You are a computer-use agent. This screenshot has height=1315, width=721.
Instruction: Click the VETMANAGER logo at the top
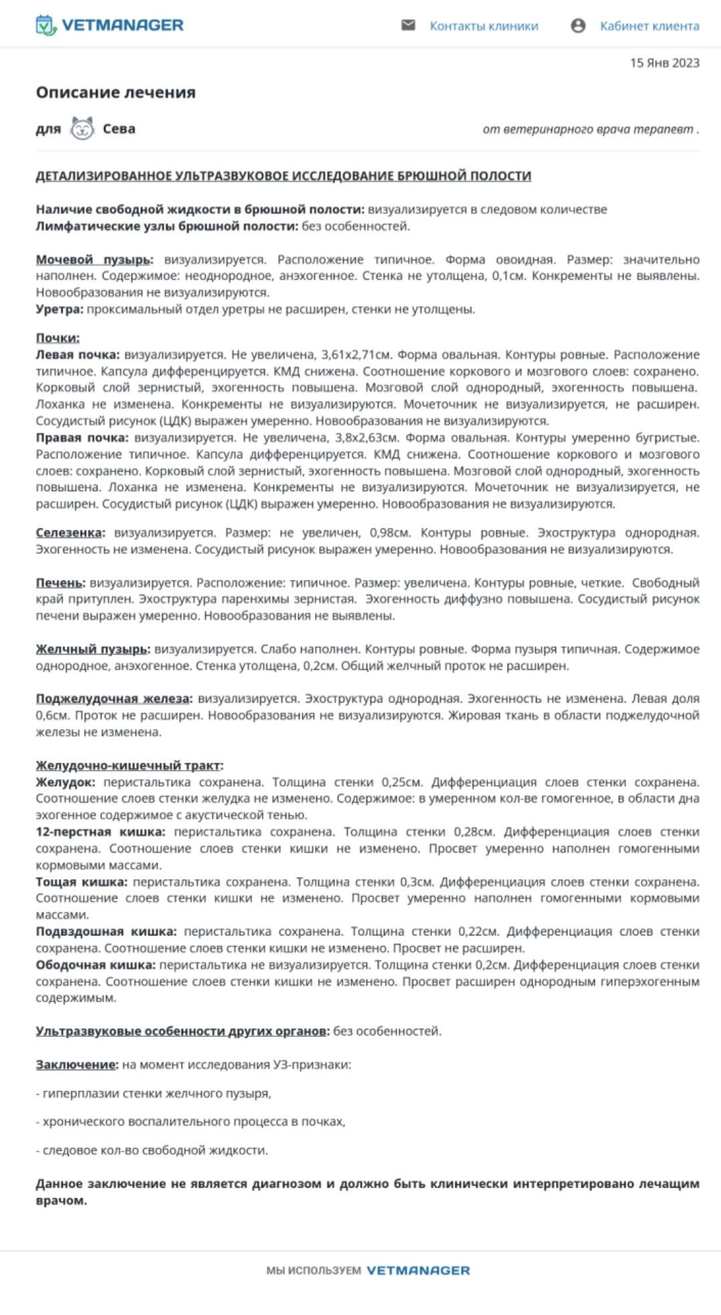(109, 25)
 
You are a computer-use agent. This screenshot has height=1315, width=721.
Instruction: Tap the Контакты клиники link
(483, 26)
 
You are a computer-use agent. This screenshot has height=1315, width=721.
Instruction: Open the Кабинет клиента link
(649, 26)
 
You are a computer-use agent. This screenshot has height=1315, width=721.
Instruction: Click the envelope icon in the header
(408, 25)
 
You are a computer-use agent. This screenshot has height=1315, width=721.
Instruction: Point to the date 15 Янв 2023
(664, 63)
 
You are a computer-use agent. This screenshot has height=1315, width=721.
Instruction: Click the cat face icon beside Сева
(82, 128)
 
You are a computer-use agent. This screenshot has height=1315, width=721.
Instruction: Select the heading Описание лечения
(115, 92)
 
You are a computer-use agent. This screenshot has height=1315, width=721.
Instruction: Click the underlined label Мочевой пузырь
(94, 260)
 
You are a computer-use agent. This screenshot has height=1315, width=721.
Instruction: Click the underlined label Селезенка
(70, 532)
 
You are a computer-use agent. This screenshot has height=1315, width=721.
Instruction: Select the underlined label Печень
(60, 582)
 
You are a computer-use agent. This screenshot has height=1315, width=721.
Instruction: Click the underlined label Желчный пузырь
(92, 648)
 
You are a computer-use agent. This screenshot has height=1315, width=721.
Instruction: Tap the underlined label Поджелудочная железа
(113, 699)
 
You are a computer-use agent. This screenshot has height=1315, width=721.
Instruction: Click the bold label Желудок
(65, 782)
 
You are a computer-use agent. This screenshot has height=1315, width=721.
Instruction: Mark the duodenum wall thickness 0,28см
(474, 832)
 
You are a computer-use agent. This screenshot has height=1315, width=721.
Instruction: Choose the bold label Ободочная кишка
(95, 965)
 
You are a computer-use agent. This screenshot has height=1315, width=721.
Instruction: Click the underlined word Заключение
(76, 1065)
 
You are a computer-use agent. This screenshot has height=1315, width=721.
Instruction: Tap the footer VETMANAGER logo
(418, 1270)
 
